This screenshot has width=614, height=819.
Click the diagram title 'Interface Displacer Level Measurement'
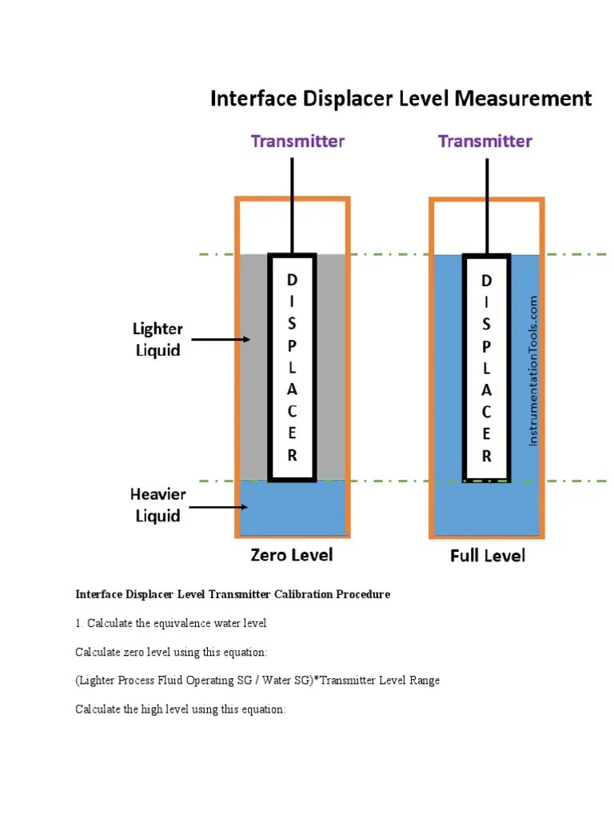coord(401,99)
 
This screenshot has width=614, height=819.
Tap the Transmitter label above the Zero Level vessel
coord(297,142)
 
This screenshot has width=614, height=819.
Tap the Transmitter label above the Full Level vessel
coord(484,142)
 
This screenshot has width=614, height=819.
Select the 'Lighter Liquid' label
coord(157,339)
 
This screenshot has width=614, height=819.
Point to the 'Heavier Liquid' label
coord(157,505)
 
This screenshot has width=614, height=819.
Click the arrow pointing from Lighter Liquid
coord(221,339)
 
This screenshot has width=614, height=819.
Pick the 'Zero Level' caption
coord(291,553)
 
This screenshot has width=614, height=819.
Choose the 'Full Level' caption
coord(487,555)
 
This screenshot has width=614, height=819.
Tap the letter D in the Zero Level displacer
coord(292,280)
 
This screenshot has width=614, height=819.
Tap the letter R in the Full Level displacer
coord(486,457)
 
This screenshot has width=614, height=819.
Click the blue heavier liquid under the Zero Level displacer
coord(293,509)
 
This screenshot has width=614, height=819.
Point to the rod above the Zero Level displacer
coord(293,204)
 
